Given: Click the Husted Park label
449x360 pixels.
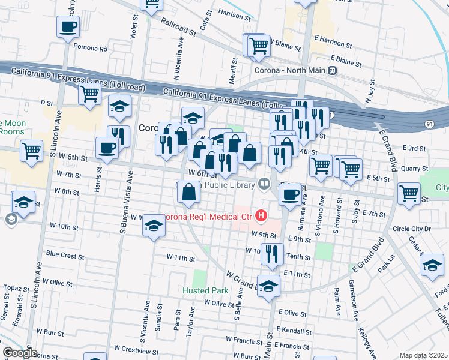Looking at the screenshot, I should (x=206, y=290).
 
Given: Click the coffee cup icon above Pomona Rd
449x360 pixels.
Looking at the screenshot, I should (x=68, y=26).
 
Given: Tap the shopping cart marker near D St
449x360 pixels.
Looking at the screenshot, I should (x=89, y=94).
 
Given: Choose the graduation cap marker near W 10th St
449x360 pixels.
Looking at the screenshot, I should (x=154, y=227).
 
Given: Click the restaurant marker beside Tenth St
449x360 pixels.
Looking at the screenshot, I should (x=272, y=253).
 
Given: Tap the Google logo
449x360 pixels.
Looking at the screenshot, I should (x=19, y=353).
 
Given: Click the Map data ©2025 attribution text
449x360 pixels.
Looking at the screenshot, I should (x=423, y=355).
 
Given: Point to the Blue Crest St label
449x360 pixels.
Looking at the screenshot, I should (x=64, y=254).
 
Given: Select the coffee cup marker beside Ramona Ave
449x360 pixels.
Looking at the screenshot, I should (x=291, y=196).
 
